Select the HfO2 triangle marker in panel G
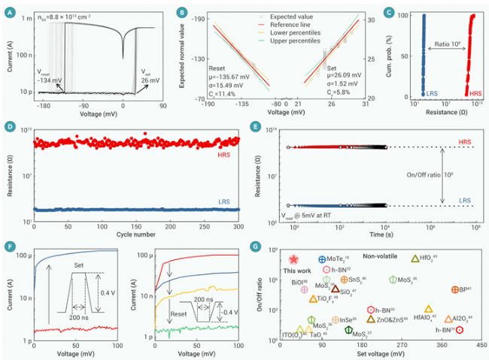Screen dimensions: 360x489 [415, 259]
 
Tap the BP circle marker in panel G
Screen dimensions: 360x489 [454, 289]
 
